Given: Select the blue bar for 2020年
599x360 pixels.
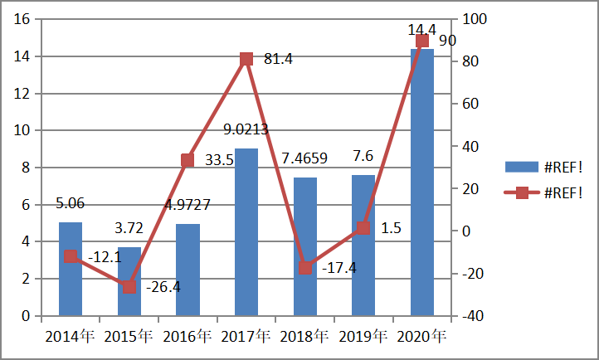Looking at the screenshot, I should tap(422, 182).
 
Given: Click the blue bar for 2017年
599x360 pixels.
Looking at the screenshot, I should tap(246, 232).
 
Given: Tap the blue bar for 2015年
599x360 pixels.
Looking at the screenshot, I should tap(129, 281).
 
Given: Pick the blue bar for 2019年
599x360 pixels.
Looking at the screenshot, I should tap(363, 246).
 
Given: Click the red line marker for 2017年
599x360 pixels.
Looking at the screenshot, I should tap(246, 59).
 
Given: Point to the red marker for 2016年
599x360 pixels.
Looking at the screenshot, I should tap(187, 161).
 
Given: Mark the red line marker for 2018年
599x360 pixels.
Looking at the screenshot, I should tap(305, 268).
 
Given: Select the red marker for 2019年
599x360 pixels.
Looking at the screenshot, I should tap(363, 228).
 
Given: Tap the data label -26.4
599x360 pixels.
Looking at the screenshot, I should tap(163, 288).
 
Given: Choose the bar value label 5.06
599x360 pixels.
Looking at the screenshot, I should tap(70, 202).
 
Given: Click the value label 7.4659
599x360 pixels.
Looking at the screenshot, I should tap(305, 158).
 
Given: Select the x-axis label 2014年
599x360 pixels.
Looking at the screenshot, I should tap(70, 337).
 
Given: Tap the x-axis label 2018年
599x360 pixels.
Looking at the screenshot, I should tap(304, 337).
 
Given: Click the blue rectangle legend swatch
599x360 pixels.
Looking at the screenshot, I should tap(521, 167).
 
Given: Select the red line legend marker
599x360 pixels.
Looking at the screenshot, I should tap(522, 192).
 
